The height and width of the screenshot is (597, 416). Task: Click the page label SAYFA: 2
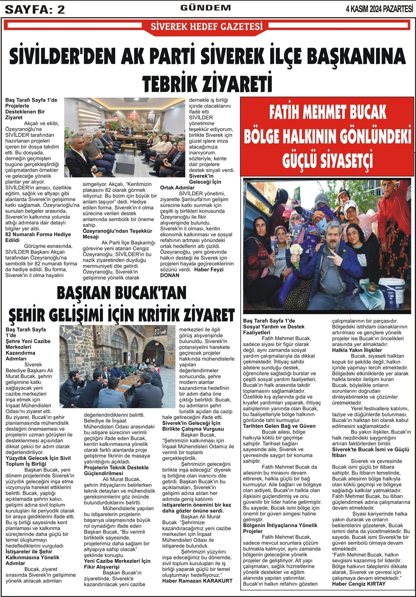35,9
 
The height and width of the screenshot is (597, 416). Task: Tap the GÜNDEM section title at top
206,8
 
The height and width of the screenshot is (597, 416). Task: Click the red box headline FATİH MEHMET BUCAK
327,114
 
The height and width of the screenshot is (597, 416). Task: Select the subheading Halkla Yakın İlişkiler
357,349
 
